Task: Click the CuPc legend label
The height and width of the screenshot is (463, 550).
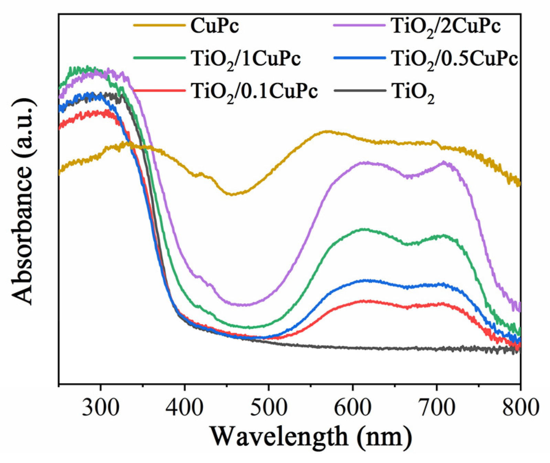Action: tap(214, 26)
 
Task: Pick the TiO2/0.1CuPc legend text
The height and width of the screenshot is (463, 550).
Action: tap(254, 92)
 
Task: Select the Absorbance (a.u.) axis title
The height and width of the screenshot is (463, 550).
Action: tap(23, 201)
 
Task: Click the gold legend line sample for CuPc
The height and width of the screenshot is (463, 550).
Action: tap(159, 25)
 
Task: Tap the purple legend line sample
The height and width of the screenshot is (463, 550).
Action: tap(359, 25)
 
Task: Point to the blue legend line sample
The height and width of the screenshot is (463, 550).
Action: tap(359, 57)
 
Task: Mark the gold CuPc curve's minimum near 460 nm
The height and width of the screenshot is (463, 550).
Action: tap(232, 194)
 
